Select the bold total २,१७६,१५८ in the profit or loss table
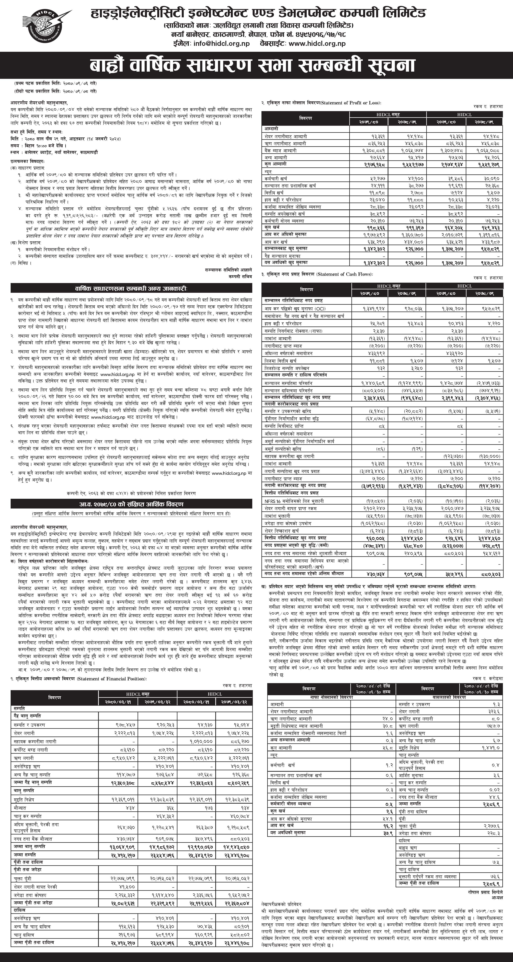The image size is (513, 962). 369,164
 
